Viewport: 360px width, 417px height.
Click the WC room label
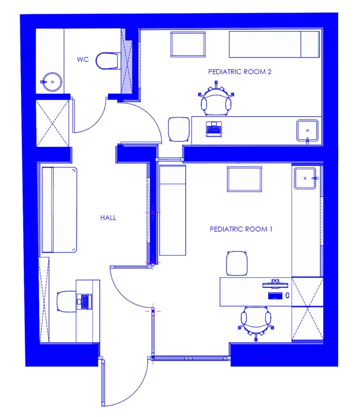(82, 59)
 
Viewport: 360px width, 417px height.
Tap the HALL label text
(108, 218)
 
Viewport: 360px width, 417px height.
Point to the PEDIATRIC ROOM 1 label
(241, 229)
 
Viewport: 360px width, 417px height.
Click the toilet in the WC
(107, 61)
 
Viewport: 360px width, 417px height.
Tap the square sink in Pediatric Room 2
(307, 131)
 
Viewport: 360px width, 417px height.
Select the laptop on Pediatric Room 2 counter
(214, 129)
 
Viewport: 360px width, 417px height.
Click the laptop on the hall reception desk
(84, 302)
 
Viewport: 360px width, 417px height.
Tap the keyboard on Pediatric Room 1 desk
(275, 296)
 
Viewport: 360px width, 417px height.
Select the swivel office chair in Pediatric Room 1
(256, 321)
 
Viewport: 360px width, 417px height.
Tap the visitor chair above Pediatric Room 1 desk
(237, 263)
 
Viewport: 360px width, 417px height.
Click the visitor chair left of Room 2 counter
(179, 129)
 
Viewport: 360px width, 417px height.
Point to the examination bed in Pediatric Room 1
(172, 210)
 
